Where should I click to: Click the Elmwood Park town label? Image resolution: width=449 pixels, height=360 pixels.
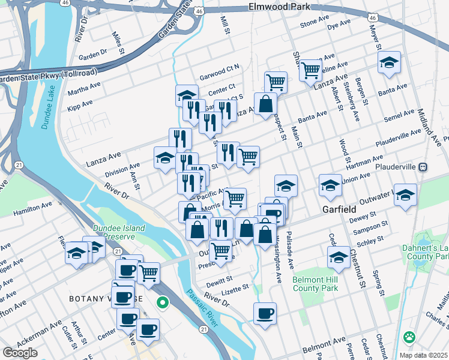pyautogui.click(x=279, y=7)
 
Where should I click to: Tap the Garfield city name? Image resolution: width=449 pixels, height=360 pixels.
pyautogui.click(x=339, y=210)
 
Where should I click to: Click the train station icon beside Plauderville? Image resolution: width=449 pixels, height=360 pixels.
pyautogui.click(x=423, y=166)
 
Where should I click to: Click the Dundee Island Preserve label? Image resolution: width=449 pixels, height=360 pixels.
pyautogui.click(x=119, y=232)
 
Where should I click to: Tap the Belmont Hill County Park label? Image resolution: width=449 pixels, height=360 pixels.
pyautogui.click(x=315, y=284)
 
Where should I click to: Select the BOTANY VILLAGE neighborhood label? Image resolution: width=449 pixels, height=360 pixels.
pyautogui.click(x=106, y=299)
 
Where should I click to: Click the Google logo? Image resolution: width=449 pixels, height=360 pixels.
pyautogui.click(x=20, y=353)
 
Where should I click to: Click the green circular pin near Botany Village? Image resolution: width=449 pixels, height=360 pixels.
pyautogui.click(x=161, y=303)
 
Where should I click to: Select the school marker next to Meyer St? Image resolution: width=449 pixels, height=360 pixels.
pyautogui.click(x=389, y=62)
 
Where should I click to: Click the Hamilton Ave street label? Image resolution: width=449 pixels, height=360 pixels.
pyautogui.click(x=32, y=207)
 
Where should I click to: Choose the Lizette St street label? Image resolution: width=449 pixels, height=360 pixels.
pyautogui.click(x=235, y=289)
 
